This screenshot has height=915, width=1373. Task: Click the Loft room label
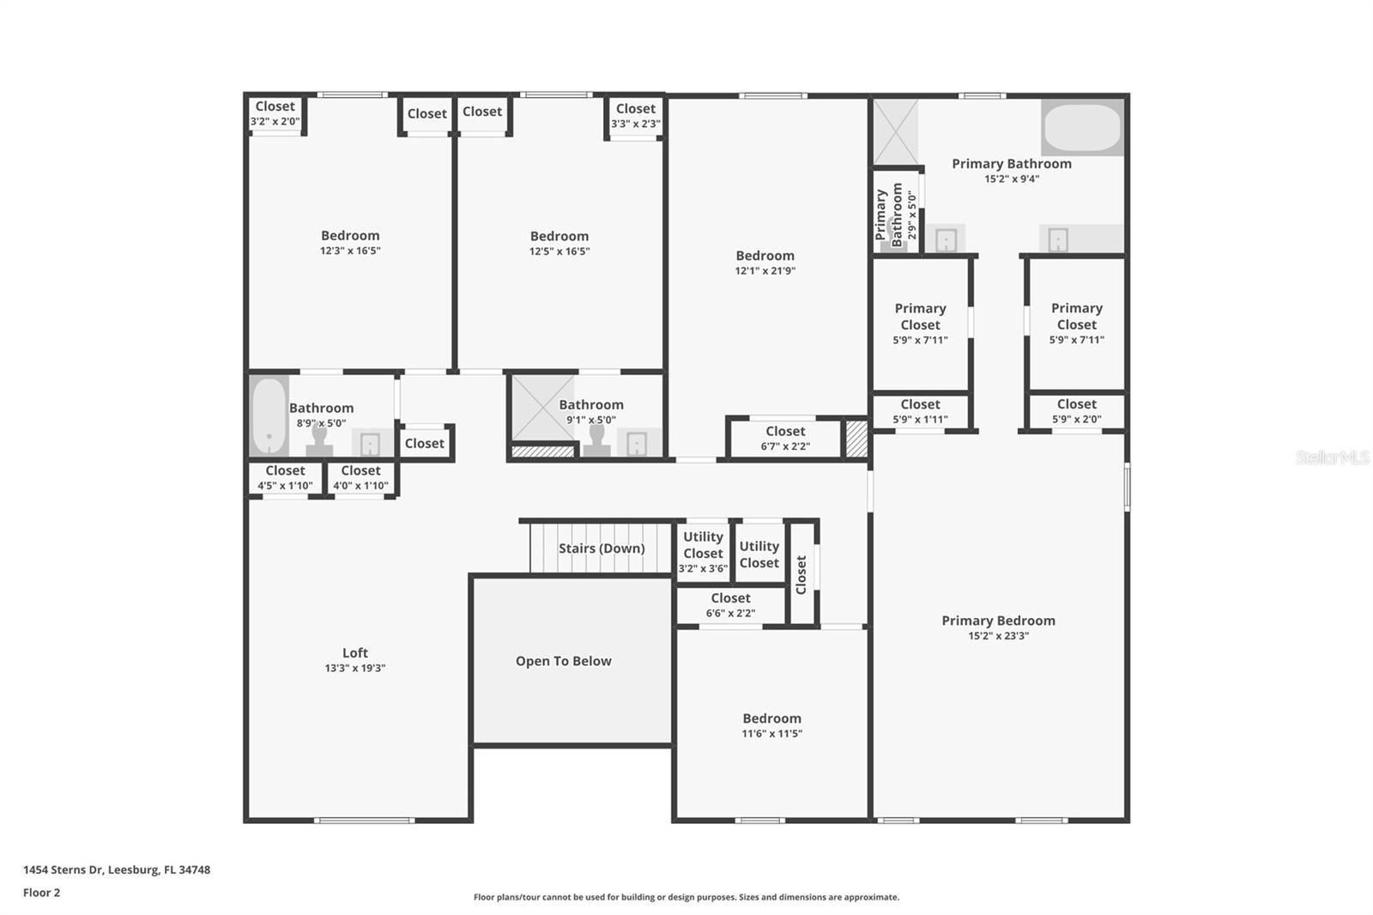(355, 653)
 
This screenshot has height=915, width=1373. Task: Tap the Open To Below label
(563, 661)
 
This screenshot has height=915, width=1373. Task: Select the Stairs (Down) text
(601, 548)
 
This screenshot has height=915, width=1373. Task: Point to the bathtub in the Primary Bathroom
(1081, 128)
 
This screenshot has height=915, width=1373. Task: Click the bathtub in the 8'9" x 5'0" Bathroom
(269, 415)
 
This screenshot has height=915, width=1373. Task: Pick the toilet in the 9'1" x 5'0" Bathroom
(596, 440)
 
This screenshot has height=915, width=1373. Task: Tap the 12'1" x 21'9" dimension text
(765, 271)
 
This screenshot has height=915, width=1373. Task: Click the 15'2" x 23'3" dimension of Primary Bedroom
(998, 636)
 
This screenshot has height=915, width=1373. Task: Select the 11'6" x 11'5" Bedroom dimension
(771, 734)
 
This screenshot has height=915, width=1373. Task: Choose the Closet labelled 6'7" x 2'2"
(785, 438)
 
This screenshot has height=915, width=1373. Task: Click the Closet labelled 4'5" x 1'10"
(285, 478)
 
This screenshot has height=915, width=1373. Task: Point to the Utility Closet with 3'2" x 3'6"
(703, 551)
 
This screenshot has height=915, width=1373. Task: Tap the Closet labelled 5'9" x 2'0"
(1076, 411)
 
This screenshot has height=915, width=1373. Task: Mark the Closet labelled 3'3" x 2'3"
(635, 116)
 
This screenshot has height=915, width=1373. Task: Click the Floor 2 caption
(41, 893)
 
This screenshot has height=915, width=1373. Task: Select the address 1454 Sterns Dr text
(117, 870)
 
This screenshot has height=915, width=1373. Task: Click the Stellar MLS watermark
(1332, 457)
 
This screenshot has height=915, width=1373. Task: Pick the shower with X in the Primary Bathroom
(895, 132)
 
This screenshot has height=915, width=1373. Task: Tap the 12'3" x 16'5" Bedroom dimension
(350, 251)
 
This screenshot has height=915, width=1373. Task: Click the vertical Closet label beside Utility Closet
(801, 574)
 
